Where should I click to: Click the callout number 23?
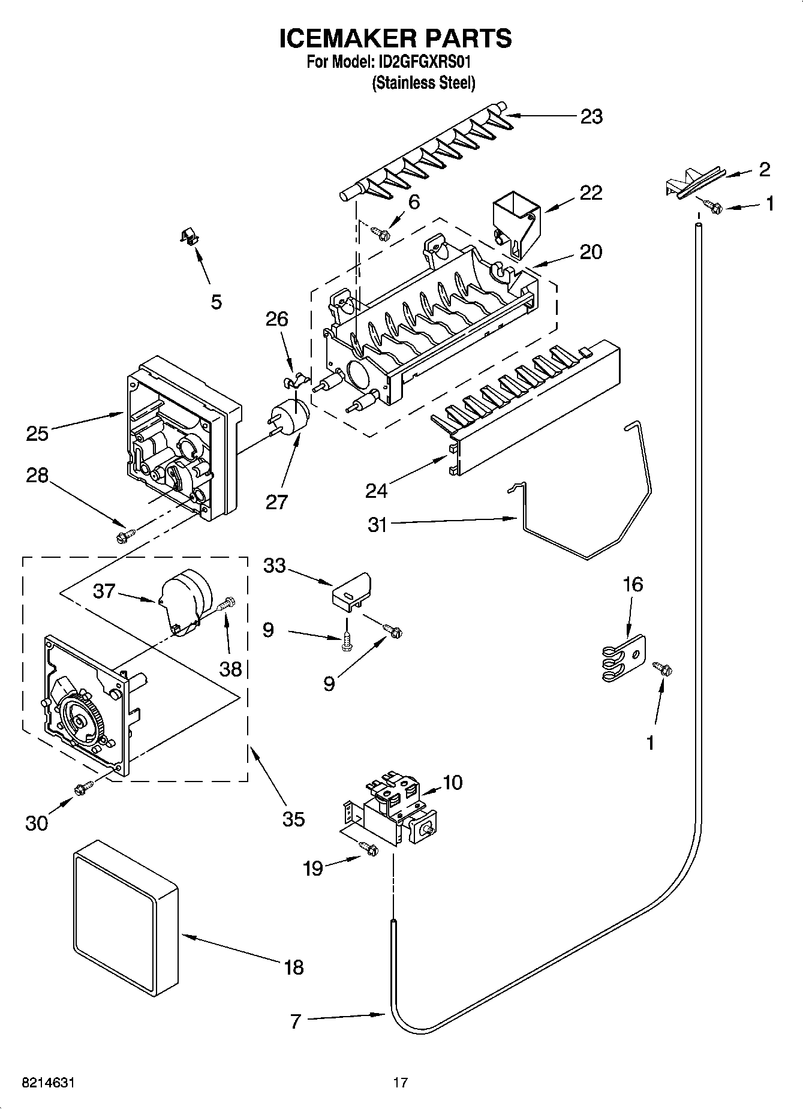591,116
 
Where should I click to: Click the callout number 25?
37,433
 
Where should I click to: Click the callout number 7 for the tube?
295,1021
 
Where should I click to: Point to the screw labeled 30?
83,789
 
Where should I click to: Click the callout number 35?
293,819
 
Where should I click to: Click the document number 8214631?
49,1083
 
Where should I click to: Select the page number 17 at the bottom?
400,1083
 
